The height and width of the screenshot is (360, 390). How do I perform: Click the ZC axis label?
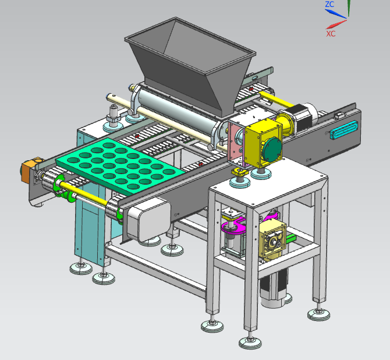pyautogui.click(x=329, y=5)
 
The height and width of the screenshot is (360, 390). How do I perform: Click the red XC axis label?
pyautogui.click(x=331, y=34)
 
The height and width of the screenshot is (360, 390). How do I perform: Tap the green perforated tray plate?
pyautogui.click(x=119, y=165)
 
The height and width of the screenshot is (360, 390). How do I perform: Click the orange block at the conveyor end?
pyautogui.click(x=27, y=170)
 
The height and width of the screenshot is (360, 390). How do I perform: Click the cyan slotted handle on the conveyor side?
pyautogui.click(x=344, y=130)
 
